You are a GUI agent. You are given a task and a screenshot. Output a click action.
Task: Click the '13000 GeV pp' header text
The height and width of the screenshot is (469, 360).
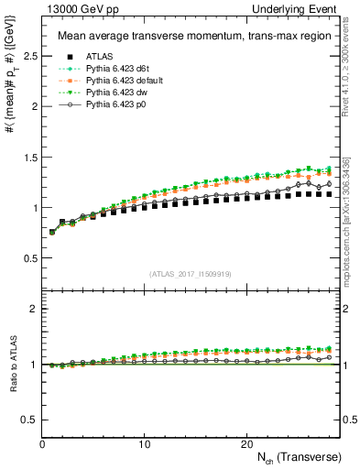pos(72,8)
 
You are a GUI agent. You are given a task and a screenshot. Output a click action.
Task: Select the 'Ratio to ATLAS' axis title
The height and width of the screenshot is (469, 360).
pos(12,365)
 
